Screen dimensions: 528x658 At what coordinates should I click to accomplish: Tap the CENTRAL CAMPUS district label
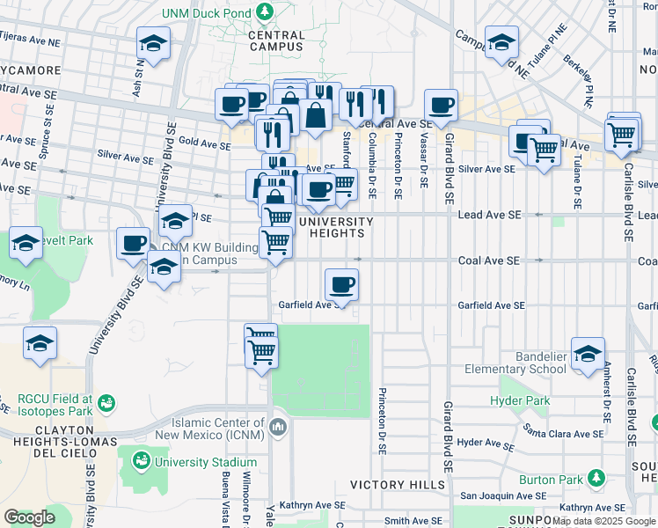point(276,41)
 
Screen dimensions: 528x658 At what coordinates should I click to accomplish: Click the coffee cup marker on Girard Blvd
point(442,105)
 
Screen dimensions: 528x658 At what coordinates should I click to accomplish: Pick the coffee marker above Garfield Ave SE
point(341,284)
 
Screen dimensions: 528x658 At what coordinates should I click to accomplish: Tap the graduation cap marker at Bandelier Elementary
point(588,353)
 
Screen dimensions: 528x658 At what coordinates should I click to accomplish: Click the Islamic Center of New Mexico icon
point(279,427)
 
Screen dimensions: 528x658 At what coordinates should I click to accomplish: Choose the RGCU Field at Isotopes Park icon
point(106,402)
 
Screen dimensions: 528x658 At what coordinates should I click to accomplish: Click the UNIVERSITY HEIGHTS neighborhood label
point(331,227)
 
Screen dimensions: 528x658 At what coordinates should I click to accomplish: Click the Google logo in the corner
point(30,517)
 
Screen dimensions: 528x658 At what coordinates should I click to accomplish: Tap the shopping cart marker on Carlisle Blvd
point(624,134)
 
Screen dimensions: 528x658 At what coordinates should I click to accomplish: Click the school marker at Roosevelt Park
point(26,244)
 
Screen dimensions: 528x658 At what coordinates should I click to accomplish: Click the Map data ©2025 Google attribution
point(604,521)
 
